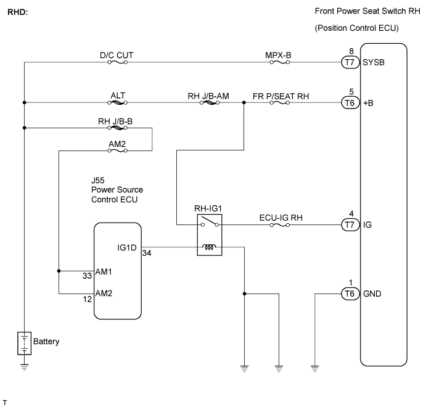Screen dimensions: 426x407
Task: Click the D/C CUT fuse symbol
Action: tap(117, 62)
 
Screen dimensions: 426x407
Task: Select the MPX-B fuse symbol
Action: tap(280, 62)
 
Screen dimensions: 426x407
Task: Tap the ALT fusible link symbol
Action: tap(117, 103)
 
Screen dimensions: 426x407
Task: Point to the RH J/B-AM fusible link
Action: tap(210, 103)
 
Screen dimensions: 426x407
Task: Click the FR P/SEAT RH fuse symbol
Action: tap(280, 103)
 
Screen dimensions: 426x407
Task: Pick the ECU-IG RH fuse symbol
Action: tap(280, 225)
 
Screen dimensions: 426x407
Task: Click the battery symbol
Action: tap(25, 343)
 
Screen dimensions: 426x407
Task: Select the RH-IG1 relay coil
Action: tap(209, 247)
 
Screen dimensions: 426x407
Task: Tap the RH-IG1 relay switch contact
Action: tap(210, 221)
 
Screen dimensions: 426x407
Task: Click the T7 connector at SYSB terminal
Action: tap(350, 62)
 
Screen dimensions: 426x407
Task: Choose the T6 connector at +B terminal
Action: tap(350, 103)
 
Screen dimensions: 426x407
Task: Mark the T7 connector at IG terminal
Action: tap(350, 225)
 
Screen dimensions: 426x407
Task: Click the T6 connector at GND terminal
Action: tap(350, 294)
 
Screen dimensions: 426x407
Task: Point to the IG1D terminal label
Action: tap(127, 247)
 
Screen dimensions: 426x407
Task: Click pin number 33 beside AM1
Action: tap(87, 276)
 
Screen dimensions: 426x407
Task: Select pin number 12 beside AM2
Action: tap(87, 299)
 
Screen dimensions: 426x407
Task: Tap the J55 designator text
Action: tap(98, 181)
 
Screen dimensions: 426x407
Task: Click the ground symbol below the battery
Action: tap(25, 368)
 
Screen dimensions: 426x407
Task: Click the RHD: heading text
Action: tap(18, 12)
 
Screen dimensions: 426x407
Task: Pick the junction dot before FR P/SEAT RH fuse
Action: tap(244, 103)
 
